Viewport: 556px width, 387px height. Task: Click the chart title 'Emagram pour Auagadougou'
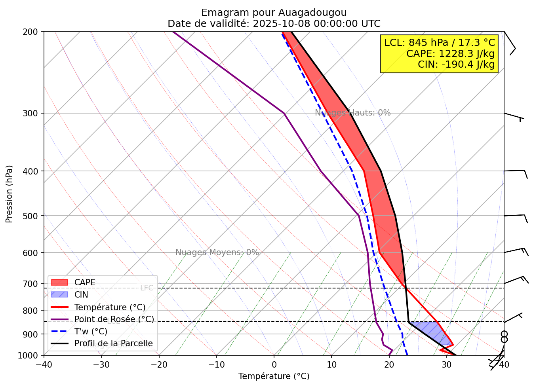coord(274,13)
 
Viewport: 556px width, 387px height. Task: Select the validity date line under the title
coord(274,24)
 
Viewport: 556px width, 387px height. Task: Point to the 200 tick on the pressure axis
coord(32,32)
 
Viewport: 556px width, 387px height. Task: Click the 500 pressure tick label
coord(32,216)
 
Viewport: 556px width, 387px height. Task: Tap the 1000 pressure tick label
coord(30,355)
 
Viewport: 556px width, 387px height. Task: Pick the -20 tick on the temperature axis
coord(159,364)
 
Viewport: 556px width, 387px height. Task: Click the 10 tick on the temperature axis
coord(331,364)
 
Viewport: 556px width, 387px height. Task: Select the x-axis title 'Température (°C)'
coord(274,376)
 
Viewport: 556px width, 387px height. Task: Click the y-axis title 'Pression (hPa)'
coord(9,194)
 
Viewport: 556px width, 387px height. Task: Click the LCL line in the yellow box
coord(440,43)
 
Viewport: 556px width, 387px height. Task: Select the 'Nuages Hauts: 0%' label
coord(353,113)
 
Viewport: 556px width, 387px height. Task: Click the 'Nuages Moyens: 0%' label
coord(217,252)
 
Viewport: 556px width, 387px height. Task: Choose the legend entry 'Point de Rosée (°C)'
coord(114,319)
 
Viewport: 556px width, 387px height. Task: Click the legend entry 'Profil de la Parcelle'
coord(113,343)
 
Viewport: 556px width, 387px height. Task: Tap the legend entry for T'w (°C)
coord(91,332)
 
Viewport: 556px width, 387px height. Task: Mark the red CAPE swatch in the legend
coord(60,283)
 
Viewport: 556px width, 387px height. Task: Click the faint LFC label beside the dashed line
coord(147,288)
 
